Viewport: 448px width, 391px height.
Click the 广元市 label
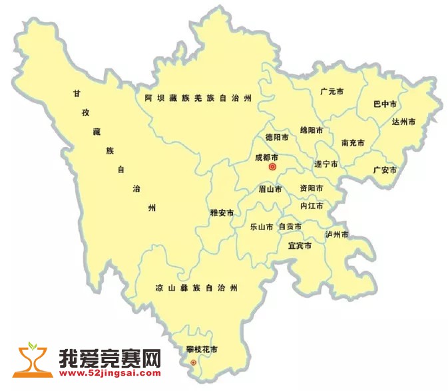(331, 91)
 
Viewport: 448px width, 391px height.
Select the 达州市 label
(403, 122)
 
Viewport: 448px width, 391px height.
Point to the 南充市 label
(353, 142)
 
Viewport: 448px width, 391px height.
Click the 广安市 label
(385, 170)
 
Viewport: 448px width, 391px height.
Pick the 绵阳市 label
(312, 130)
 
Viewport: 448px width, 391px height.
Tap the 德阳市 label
(277, 138)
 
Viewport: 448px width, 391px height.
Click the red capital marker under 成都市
(272, 168)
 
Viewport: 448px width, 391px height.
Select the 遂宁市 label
(326, 164)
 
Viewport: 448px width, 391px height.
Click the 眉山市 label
(270, 190)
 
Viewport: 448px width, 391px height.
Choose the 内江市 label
(311, 206)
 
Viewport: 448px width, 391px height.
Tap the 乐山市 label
(261, 227)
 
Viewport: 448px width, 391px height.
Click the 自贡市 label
(290, 227)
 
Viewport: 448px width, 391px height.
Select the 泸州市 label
(337, 235)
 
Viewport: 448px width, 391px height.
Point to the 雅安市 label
(222, 213)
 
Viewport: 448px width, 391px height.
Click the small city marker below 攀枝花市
(193, 362)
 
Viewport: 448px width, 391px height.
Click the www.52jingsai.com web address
(111, 374)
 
